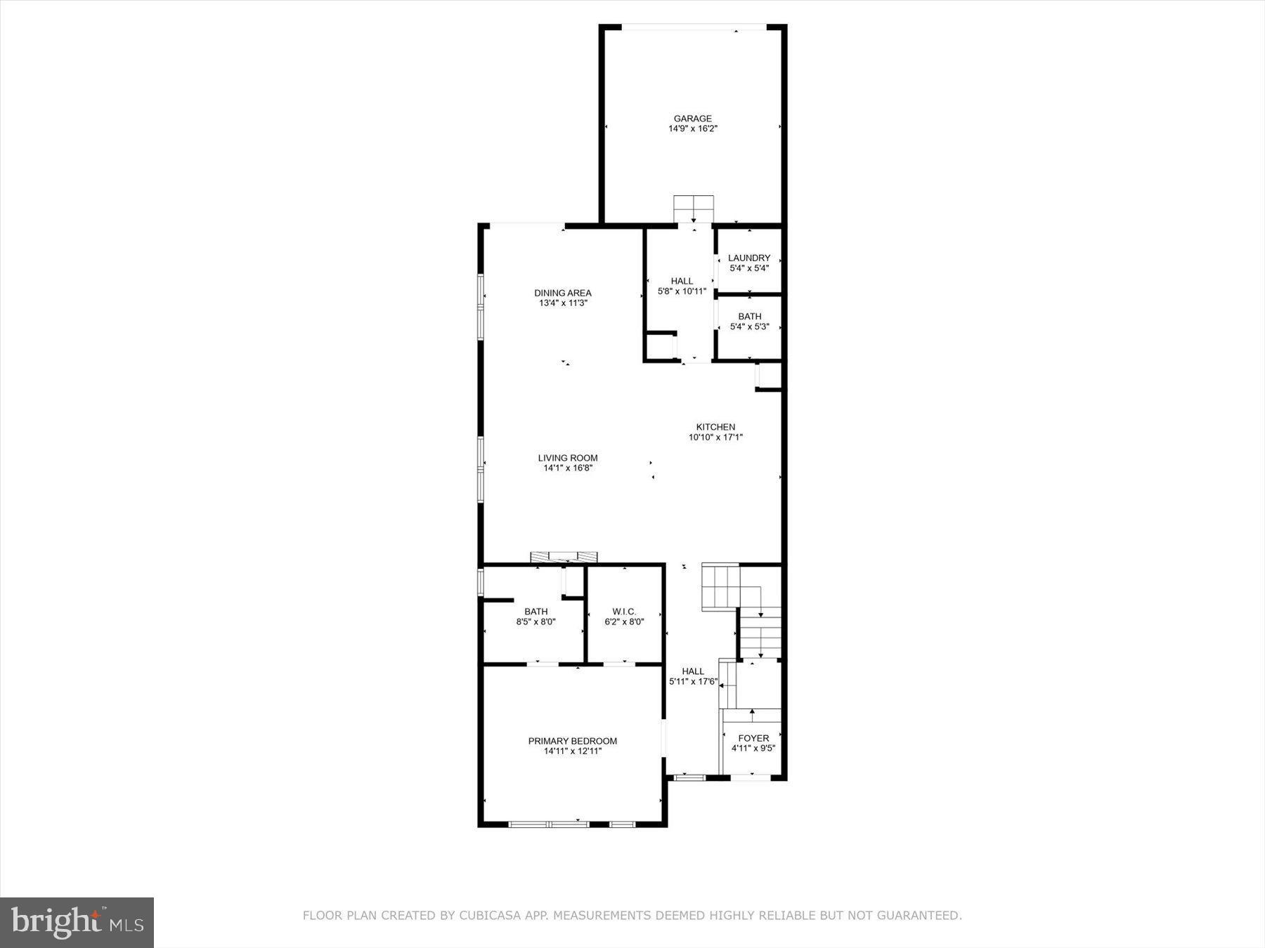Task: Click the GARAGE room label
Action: tap(692, 119)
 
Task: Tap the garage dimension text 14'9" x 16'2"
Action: tap(692, 129)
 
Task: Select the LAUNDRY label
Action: tap(748, 258)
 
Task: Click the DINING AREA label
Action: tap(562, 293)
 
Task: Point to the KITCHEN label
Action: tap(715, 427)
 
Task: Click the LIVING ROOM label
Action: tap(568, 458)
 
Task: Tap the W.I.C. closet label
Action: tap(624, 612)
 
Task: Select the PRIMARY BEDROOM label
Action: tap(572, 741)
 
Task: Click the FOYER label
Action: tap(753, 738)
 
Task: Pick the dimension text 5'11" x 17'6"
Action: tap(692, 682)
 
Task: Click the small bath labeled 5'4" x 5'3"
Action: tap(749, 317)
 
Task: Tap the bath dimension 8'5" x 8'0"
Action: tap(536, 622)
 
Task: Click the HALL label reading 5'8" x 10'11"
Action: tap(682, 281)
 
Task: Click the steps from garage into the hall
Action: tap(694, 209)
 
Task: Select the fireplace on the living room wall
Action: tap(564, 557)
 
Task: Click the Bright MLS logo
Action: tap(77, 922)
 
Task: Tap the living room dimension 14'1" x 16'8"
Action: tap(568, 468)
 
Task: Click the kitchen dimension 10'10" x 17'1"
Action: tap(715, 437)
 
